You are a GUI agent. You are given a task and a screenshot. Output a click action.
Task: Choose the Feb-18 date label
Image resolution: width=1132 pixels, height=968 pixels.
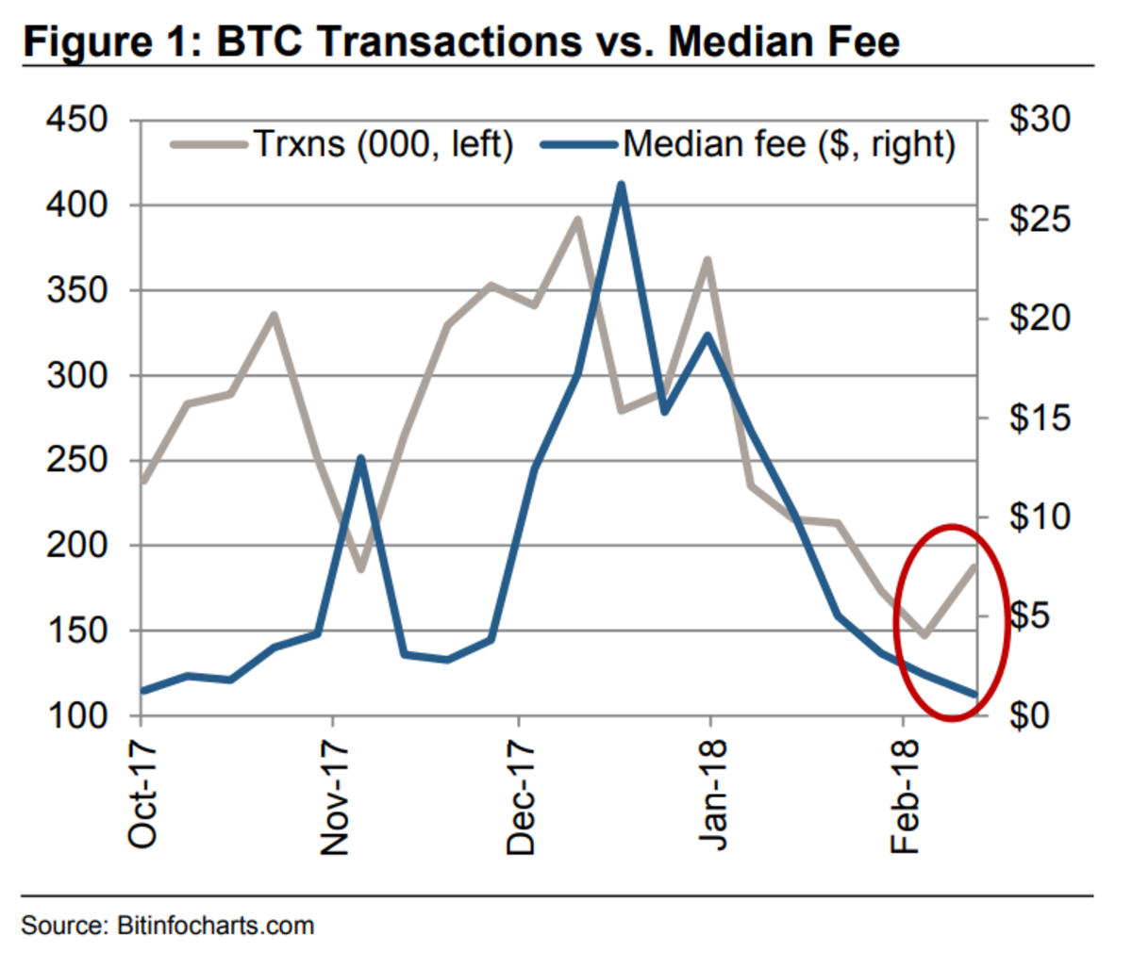tap(905, 797)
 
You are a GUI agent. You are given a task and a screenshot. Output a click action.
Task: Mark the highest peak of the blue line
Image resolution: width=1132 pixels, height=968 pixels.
tap(620, 185)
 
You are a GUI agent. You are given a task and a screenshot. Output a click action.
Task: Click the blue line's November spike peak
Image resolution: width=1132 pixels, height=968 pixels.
tap(359, 459)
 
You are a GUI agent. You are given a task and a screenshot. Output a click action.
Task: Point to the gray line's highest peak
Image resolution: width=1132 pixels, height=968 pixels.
tap(577, 221)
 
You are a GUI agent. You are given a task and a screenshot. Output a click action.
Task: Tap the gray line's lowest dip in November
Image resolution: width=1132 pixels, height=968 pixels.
tap(359, 569)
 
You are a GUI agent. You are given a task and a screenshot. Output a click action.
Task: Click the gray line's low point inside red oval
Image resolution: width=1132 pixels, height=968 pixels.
tap(924, 634)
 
